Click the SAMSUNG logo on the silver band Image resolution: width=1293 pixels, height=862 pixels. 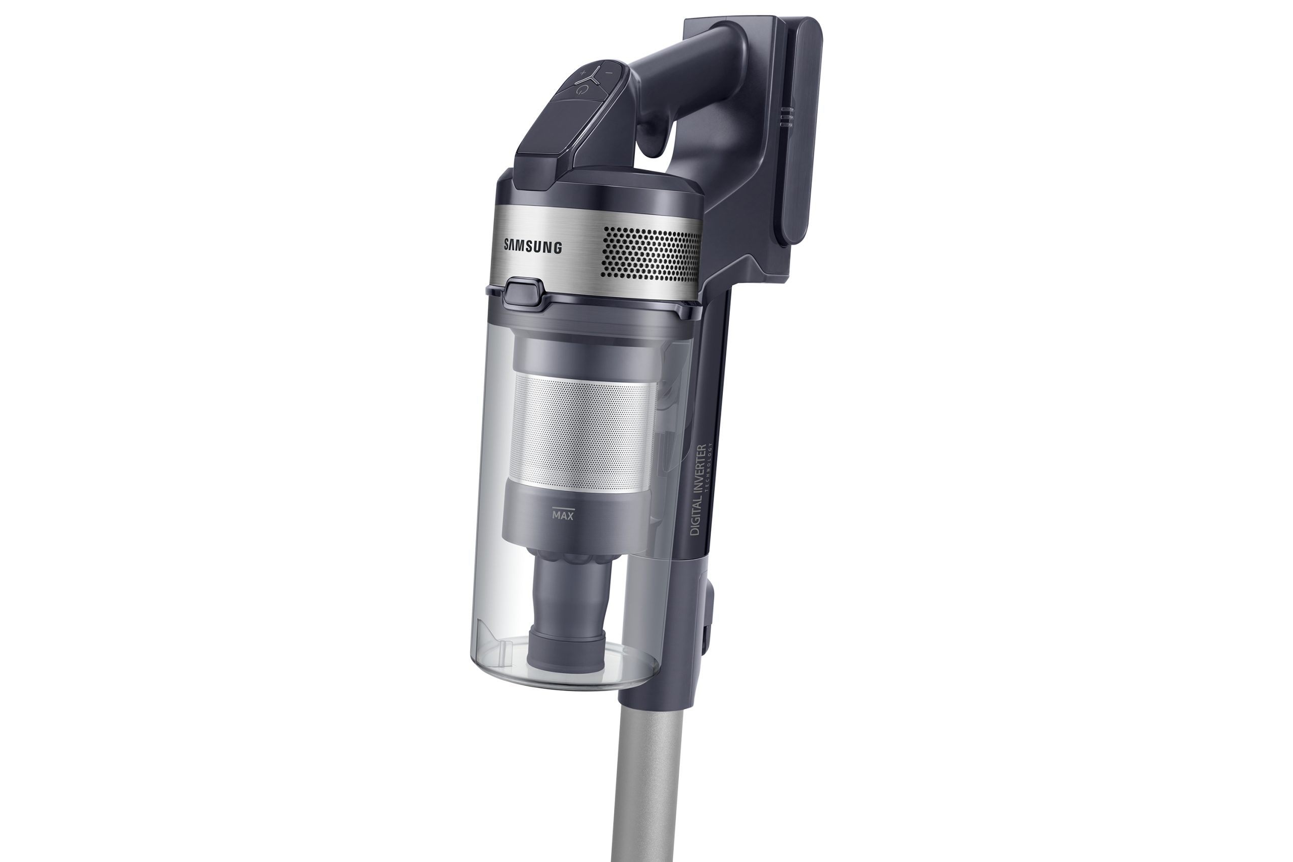pyautogui.click(x=533, y=246)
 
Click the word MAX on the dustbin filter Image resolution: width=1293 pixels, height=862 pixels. pyautogui.click(x=563, y=516)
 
